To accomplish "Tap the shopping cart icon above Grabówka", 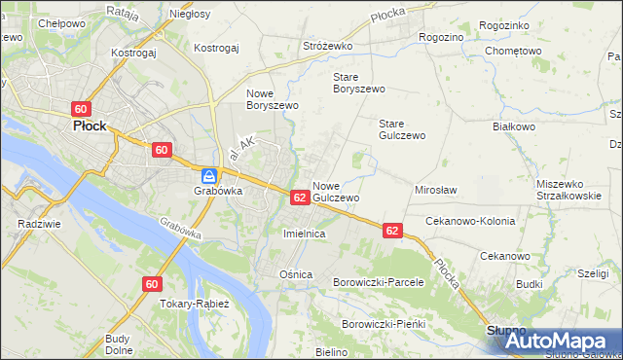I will [209, 176].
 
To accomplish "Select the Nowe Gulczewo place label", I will [337, 191].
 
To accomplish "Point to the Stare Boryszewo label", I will [358, 83].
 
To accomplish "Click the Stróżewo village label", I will [326, 46].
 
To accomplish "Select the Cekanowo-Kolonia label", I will [470, 221].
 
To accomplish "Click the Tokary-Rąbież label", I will [194, 304].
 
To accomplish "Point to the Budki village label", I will [530, 284].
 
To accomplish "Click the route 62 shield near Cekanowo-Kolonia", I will [391, 231].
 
